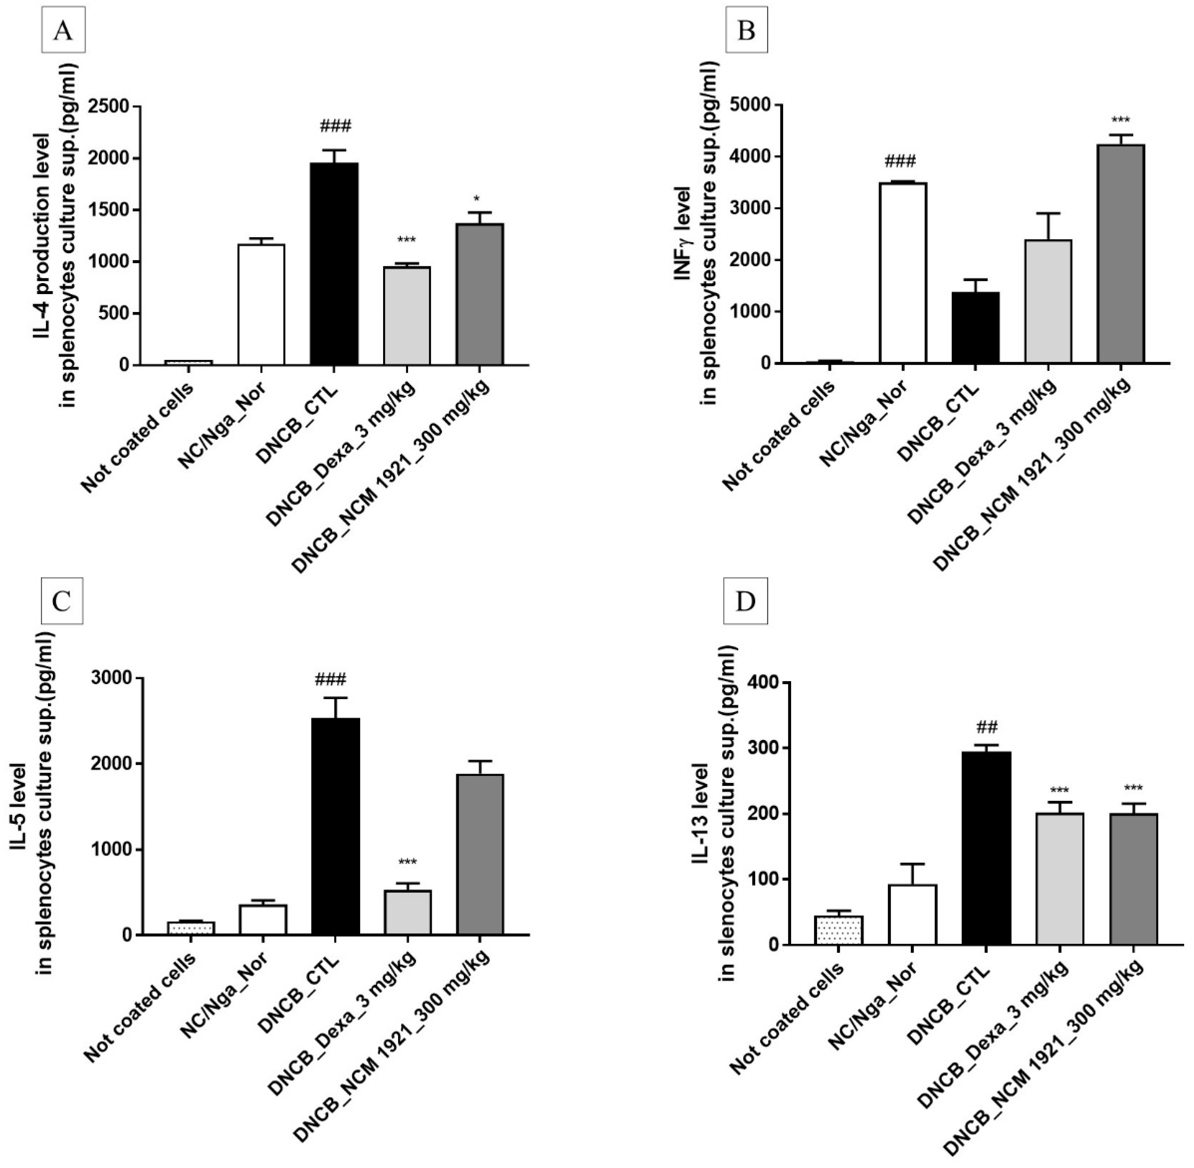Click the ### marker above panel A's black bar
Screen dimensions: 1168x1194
click(335, 127)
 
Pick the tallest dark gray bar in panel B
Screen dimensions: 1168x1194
click(1121, 253)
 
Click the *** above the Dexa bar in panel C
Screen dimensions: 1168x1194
click(407, 862)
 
